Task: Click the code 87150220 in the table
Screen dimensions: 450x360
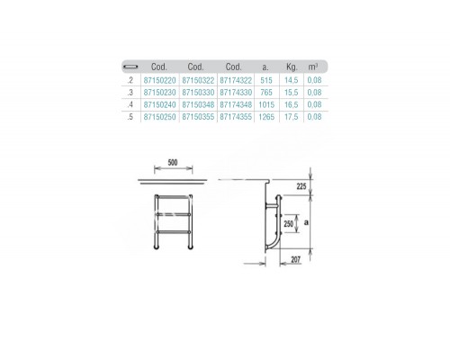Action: (x=159, y=80)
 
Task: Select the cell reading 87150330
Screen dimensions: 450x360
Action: (x=198, y=93)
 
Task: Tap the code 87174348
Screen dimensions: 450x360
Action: (x=236, y=104)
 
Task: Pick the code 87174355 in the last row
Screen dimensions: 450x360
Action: (x=236, y=117)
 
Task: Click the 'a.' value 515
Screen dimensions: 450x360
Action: (x=266, y=80)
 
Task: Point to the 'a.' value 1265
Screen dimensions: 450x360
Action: (x=266, y=117)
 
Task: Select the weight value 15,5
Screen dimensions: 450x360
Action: (x=292, y=93)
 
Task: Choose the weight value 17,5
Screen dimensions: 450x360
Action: (x=292, y=117)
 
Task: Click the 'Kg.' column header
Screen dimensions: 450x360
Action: (x=292, y=67)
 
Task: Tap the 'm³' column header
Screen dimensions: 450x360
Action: (x=313, y=67)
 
